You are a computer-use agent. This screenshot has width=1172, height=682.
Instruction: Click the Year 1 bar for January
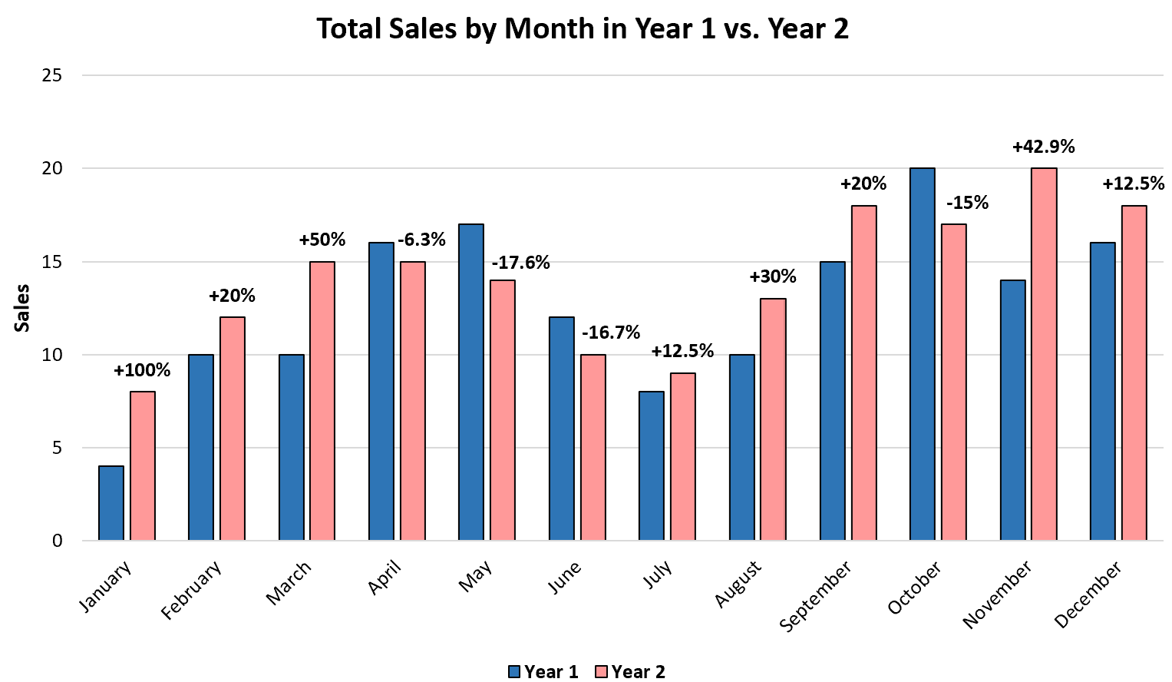[x=111, y=503]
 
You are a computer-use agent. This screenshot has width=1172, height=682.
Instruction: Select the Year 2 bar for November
[x=1044, y=354]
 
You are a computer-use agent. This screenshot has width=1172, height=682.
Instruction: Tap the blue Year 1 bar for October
[x=922, y=354]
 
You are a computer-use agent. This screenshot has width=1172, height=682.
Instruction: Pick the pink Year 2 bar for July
[x=683, y=457]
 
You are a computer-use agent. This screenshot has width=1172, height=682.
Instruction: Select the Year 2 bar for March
[x=322, y=401]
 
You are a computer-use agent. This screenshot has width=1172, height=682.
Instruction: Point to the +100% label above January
[x=142, y=371]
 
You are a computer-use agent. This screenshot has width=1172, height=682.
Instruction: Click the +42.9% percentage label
[x=1043, y=147]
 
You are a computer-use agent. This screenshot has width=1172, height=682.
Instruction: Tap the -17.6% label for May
[x=520, y=263]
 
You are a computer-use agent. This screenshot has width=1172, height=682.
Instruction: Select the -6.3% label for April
[x=421, y=240]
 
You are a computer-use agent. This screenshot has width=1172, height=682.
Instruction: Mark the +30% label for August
[x=772, y=276]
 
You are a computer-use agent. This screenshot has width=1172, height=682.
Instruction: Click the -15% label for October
[x=967, y=203]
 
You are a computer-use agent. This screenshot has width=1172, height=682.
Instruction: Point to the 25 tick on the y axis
[x=52, y=75]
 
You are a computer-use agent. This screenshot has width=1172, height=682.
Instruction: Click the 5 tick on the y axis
[x=57, y=448]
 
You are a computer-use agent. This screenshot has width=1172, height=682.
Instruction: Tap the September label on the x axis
[x=815, y=596]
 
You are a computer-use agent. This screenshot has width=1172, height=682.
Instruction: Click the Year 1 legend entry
[x=543, y=671]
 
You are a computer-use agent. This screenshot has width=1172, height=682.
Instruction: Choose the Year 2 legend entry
[x=630, y=671]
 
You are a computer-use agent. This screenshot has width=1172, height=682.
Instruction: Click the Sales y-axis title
[x=22, y=308]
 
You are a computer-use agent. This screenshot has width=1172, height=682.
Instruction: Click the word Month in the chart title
[x=548, y=29]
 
